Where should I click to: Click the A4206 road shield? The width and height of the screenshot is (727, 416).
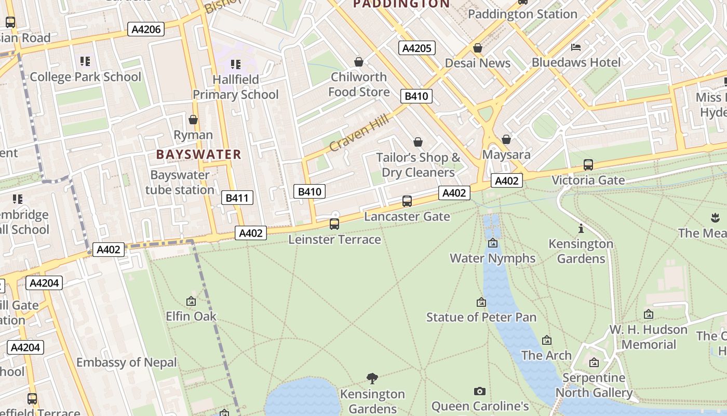click(146, 29)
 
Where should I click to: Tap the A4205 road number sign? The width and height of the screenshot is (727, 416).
click(417, 48)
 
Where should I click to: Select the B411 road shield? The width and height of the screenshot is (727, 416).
click(237, 198)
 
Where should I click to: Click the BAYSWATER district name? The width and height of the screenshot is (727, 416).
click(199, 154)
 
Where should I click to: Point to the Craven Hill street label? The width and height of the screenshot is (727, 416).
click(359, 134)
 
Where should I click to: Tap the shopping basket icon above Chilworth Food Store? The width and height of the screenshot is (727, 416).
click(358, 62)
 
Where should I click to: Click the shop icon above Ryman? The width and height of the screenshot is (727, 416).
click(193, 120)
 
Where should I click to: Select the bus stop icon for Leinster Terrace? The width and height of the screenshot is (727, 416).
click(334, 224)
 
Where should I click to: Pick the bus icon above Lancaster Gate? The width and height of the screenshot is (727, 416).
click(407, 201)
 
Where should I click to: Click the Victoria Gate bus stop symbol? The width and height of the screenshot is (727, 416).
click(588, 165)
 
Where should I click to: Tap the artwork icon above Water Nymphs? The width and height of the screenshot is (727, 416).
click(492, 243)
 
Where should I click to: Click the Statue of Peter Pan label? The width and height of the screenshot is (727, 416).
click(481, 317)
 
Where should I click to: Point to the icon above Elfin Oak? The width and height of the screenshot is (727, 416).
click(191, 301)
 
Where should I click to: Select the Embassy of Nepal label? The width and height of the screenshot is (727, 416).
click(127, 362)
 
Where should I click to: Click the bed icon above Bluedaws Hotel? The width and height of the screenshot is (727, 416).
click(576, 47)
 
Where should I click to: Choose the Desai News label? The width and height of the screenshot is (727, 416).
click(478, 63)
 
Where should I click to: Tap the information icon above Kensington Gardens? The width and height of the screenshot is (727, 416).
click(581, 229)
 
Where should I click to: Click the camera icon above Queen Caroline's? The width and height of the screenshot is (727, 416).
click(480, 391)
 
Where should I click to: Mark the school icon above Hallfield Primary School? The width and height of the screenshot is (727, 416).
click(236, 64)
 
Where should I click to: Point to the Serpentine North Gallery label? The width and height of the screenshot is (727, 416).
click(594, 385)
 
